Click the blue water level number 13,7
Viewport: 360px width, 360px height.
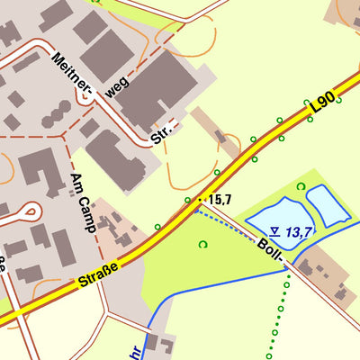click(299, 232)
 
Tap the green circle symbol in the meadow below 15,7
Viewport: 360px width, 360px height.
click(202, 244)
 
